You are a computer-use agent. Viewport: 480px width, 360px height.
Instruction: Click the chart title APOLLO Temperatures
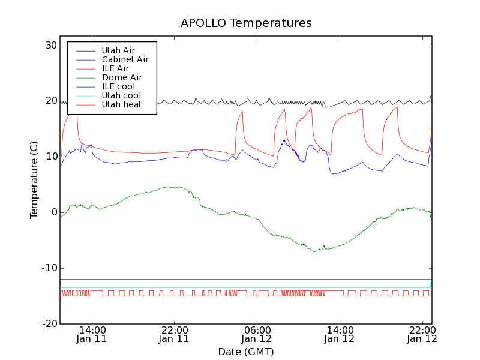point(246,23)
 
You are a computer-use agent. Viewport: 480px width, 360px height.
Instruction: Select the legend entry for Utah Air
point(118,50)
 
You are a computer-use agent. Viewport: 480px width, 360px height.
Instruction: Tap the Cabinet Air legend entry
point(125,59)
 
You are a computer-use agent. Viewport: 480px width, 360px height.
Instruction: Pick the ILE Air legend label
point(115,68)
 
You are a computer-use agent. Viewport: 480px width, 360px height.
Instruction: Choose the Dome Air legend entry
point(122,77)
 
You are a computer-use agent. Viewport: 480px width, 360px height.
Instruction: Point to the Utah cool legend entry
point(121,95)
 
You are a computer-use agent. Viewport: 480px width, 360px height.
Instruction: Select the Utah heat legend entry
point(121,104)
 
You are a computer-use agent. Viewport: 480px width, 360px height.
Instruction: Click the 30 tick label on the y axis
point(50,46)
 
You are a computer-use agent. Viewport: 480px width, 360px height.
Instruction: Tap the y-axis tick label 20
point(50,101)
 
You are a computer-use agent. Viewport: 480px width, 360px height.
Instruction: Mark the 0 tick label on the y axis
point(54,212)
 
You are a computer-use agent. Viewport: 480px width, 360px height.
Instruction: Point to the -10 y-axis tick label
point(49,268)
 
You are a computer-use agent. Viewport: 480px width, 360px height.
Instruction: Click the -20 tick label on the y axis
point(49,324)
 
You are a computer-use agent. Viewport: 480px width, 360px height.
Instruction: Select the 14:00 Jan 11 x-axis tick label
point(92,334)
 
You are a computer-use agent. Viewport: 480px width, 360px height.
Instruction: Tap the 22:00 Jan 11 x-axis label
point(174,334)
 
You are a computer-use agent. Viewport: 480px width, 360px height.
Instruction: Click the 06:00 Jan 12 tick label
point(257,334)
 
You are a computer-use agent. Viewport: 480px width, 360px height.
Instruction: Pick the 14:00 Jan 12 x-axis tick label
point(340,334)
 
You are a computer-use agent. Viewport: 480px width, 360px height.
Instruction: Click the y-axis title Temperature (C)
point(34,179)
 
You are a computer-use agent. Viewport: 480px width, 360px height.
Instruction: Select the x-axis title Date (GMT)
point(246,352)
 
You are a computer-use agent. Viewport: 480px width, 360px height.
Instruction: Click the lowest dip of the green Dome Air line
point(314,251)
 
